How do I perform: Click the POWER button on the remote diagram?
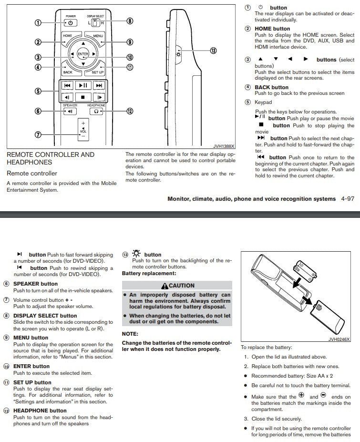[x=70, y=22]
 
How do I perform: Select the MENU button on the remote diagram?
[x=98, y=36]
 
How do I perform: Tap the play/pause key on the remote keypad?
[x=83, y=86]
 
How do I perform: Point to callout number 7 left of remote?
[x=39, y=134]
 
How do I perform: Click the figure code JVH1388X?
[x=224, y=147]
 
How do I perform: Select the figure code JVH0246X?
[x=339, y=339]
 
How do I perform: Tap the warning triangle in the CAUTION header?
[x=165, y=286]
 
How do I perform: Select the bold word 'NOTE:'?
[x=130, y=334]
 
